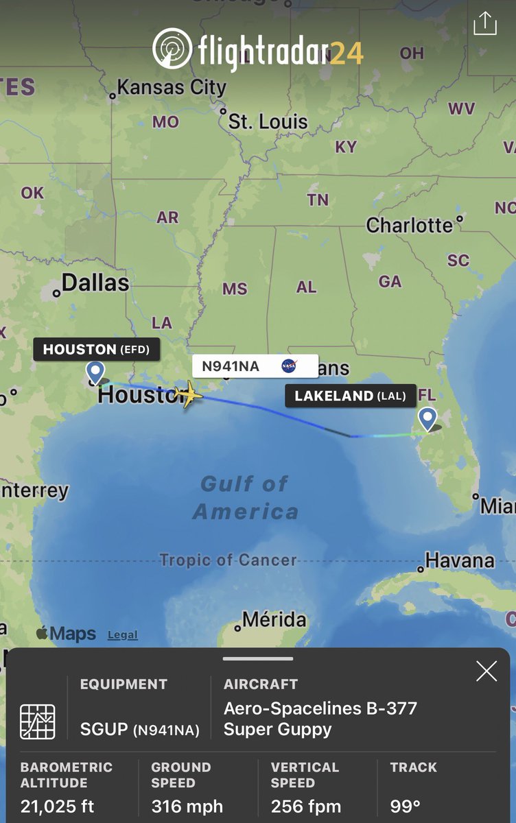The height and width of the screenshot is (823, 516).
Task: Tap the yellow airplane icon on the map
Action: (189, 396)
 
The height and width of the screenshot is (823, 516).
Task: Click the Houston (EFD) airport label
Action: (96, 350)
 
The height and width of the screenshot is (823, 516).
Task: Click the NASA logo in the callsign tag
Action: (289, 366)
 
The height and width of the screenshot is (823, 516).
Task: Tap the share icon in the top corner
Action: (484, 24)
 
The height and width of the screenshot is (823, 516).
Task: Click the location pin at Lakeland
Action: (427, 418)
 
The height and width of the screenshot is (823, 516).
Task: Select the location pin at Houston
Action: (95, 372)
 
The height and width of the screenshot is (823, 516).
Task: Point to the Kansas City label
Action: (171, 88)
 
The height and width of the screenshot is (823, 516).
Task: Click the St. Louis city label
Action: (268, 123)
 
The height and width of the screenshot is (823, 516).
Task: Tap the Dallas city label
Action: (95, 283)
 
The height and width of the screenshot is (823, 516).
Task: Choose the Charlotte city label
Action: (410, 225)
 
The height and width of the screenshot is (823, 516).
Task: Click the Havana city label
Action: (459, 561)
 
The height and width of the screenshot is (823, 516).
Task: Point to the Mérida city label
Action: (274, 620)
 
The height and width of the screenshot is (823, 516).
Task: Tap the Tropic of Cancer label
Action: (228, 560)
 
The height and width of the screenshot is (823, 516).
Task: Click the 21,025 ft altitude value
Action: (58, 807)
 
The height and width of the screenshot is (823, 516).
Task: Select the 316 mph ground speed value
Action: (187, 807)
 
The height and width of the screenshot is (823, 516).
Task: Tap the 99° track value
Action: (405, 807)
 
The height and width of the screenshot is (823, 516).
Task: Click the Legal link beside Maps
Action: (122, 636)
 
